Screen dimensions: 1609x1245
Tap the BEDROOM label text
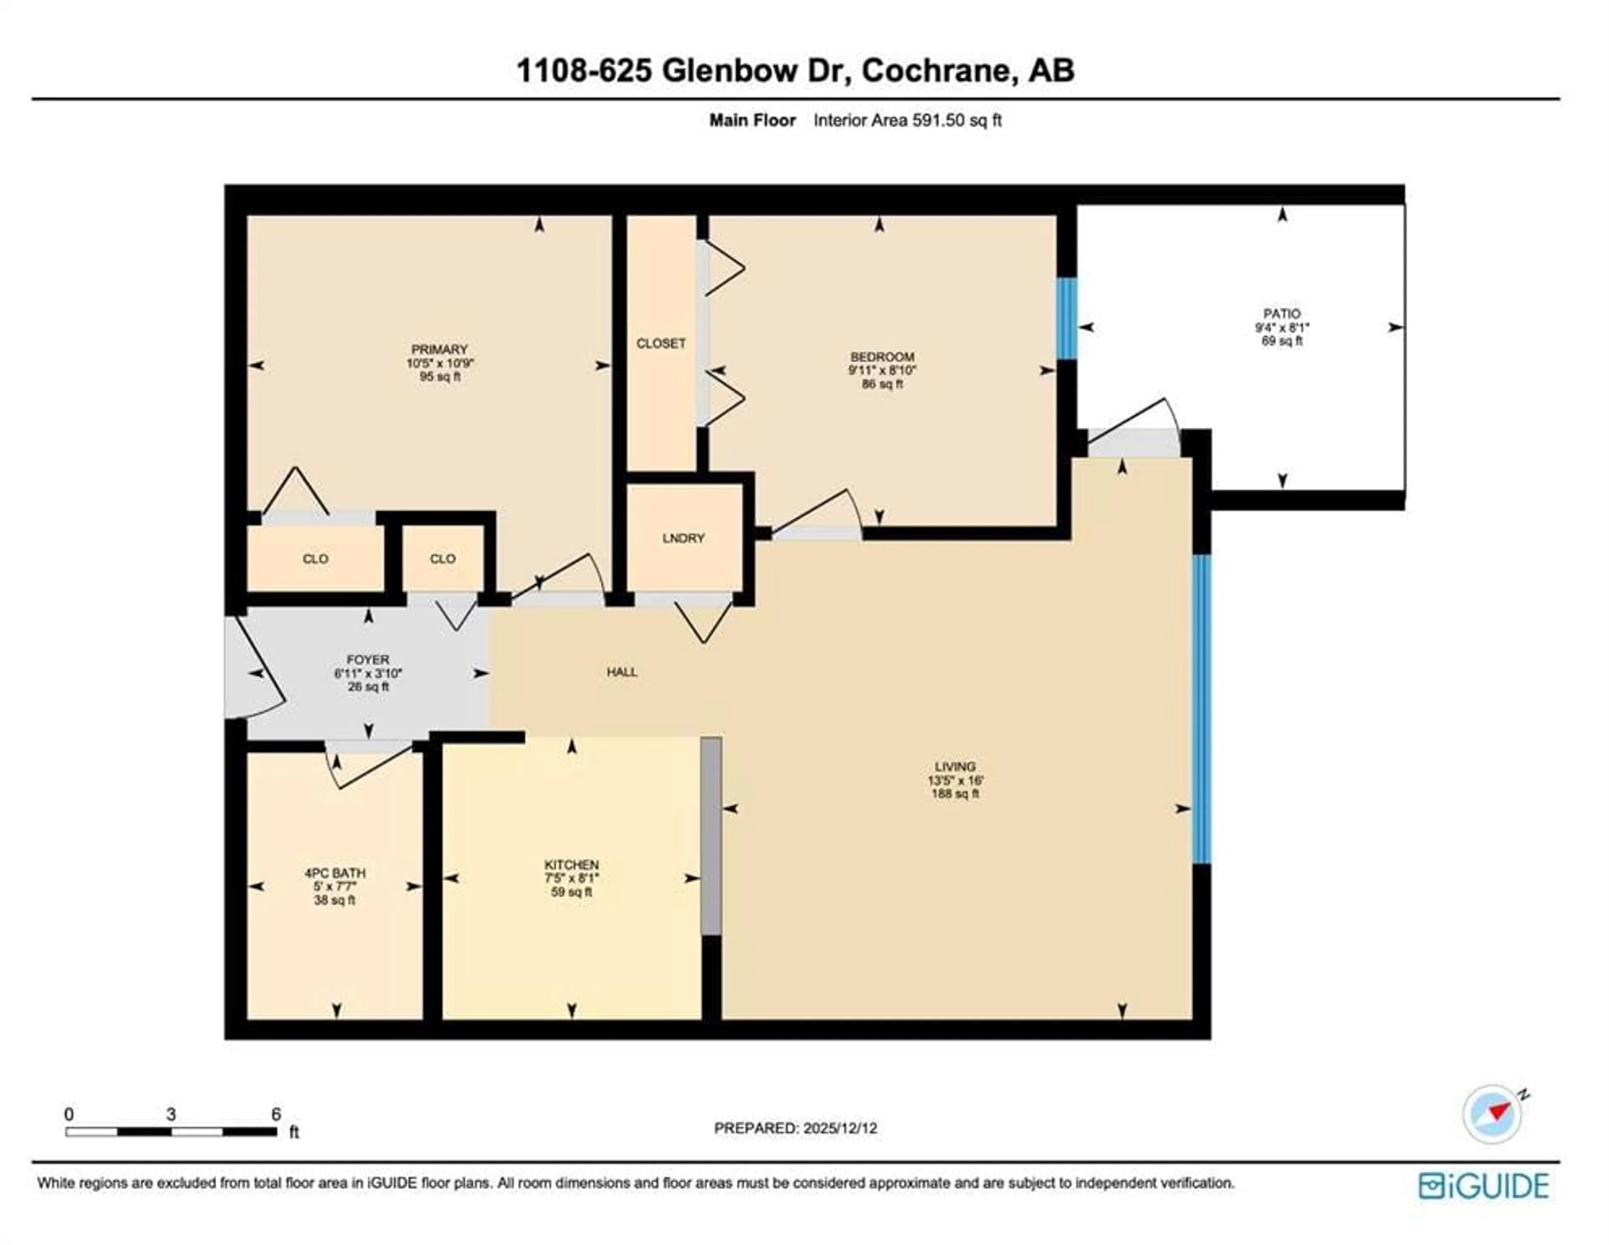point(882,357)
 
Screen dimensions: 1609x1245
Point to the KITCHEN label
point(571,865)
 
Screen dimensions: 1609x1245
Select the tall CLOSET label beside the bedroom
point(661,343)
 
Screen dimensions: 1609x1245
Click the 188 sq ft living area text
point(955,794)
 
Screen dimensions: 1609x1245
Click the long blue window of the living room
point(1202,709)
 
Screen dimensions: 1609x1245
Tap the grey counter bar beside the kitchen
point(711,837)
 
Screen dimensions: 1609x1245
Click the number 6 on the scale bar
point(276,1114)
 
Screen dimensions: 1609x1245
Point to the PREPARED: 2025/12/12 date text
point(796,1128)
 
